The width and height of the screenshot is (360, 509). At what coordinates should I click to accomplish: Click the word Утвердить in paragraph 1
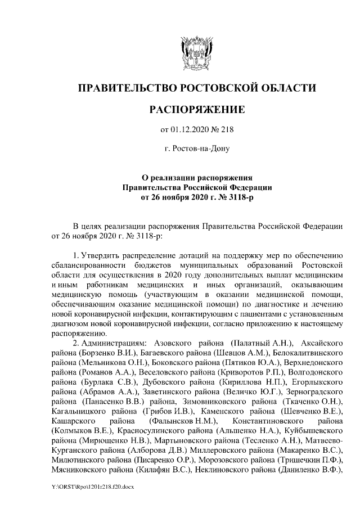[x=103, y=258]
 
